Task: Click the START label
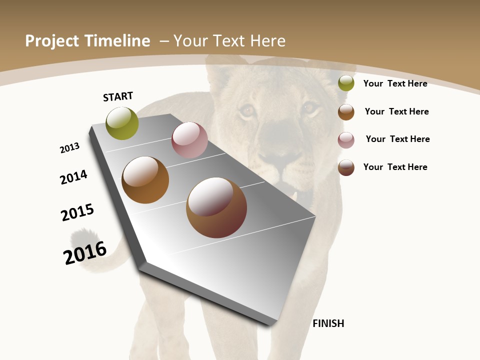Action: pos(118,96)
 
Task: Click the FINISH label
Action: pos(328,323)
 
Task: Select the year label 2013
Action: pos(69,148)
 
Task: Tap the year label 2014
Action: pos(73,177)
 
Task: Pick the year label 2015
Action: pos(77,212)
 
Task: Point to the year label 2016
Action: pos(85,253)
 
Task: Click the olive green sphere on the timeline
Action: pos(122,123)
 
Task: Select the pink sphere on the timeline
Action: pos(189,140)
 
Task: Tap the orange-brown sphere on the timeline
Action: pos(145,180)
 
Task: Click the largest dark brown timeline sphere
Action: pos(216,207)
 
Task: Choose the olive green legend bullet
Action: pos(346,83)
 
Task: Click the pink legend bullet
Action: pos(346,140)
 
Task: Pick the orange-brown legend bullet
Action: pos(346,112)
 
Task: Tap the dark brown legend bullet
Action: pos(346,167)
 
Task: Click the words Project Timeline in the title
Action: pos(87,41)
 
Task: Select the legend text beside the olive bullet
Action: pos(395,83)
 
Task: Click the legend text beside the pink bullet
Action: pos(397,139)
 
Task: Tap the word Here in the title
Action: pos(268,41)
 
